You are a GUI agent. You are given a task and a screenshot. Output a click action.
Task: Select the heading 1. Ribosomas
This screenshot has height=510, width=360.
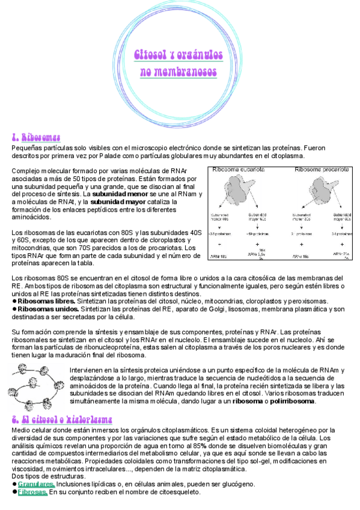tap(36, 137)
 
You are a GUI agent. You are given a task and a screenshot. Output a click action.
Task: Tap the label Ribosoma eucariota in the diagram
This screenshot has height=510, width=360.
tap(239, 170)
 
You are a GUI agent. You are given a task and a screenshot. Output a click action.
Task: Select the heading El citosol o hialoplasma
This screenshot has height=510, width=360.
tap(62, 419)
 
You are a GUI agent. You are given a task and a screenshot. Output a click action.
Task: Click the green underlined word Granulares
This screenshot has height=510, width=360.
tap(37, 484)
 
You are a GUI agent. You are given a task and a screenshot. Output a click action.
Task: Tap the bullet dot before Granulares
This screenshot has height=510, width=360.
tap(14, 484)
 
